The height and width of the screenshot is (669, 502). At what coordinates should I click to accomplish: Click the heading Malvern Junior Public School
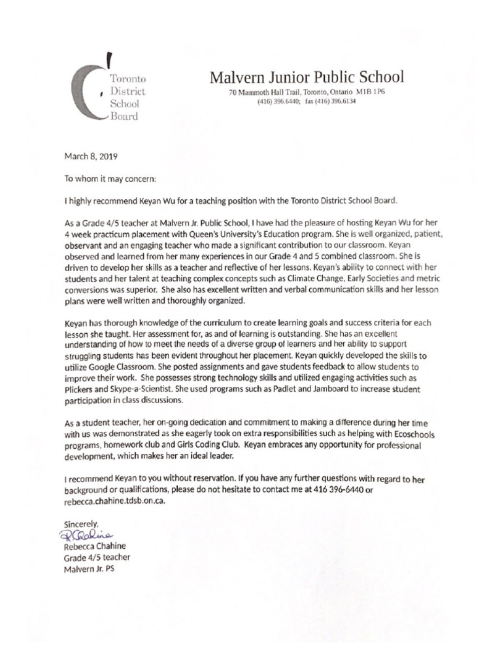click(307, 78)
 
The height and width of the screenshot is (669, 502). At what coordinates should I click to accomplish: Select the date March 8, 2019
click(91, 156)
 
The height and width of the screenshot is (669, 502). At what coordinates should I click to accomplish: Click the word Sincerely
click(81, 523)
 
